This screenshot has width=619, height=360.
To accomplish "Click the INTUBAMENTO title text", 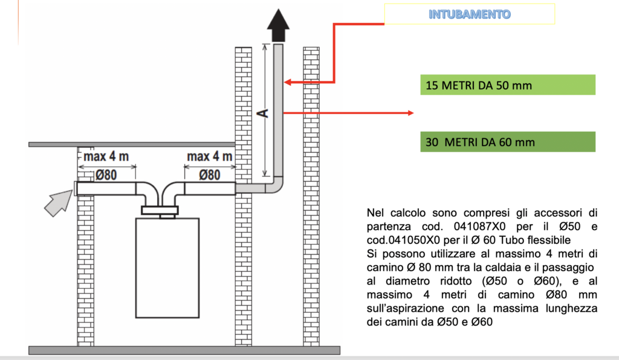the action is coord(469,14).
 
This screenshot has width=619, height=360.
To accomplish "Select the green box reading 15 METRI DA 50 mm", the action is coord(508,85).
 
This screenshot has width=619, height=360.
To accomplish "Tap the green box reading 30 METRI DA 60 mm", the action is coord(508,142).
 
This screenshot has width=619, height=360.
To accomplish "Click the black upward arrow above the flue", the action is coord(278,25).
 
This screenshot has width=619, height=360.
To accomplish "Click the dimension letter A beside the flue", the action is coord(262,114).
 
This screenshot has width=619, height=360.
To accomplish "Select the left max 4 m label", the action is coord(106,156).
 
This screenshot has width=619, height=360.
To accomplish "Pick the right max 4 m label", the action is coord(209,156).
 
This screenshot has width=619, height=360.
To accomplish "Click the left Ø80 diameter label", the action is coord(106,175).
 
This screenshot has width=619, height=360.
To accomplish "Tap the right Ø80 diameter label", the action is coord(209,175).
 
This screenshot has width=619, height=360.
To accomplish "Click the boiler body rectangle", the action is coord(167,268).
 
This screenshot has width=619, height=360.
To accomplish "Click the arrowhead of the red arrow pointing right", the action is coord(410,113).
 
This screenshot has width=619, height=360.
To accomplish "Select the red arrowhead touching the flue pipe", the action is coord(287,82).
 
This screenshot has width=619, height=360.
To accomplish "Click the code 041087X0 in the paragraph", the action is coord(479,227).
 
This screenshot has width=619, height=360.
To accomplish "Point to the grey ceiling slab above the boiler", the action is coord(132,145).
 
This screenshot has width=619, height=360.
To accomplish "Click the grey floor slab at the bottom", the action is coord(184,350).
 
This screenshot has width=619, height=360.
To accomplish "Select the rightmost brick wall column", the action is coord(311,196).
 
